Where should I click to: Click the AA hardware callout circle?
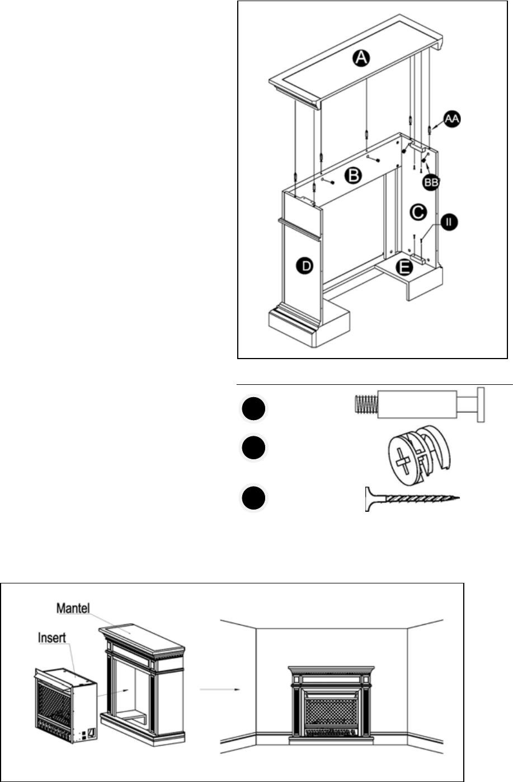coord(453,119)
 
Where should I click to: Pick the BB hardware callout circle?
coord(430,182)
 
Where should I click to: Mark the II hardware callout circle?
coord(448,223)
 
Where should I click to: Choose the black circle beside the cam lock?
coord(254,449)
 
